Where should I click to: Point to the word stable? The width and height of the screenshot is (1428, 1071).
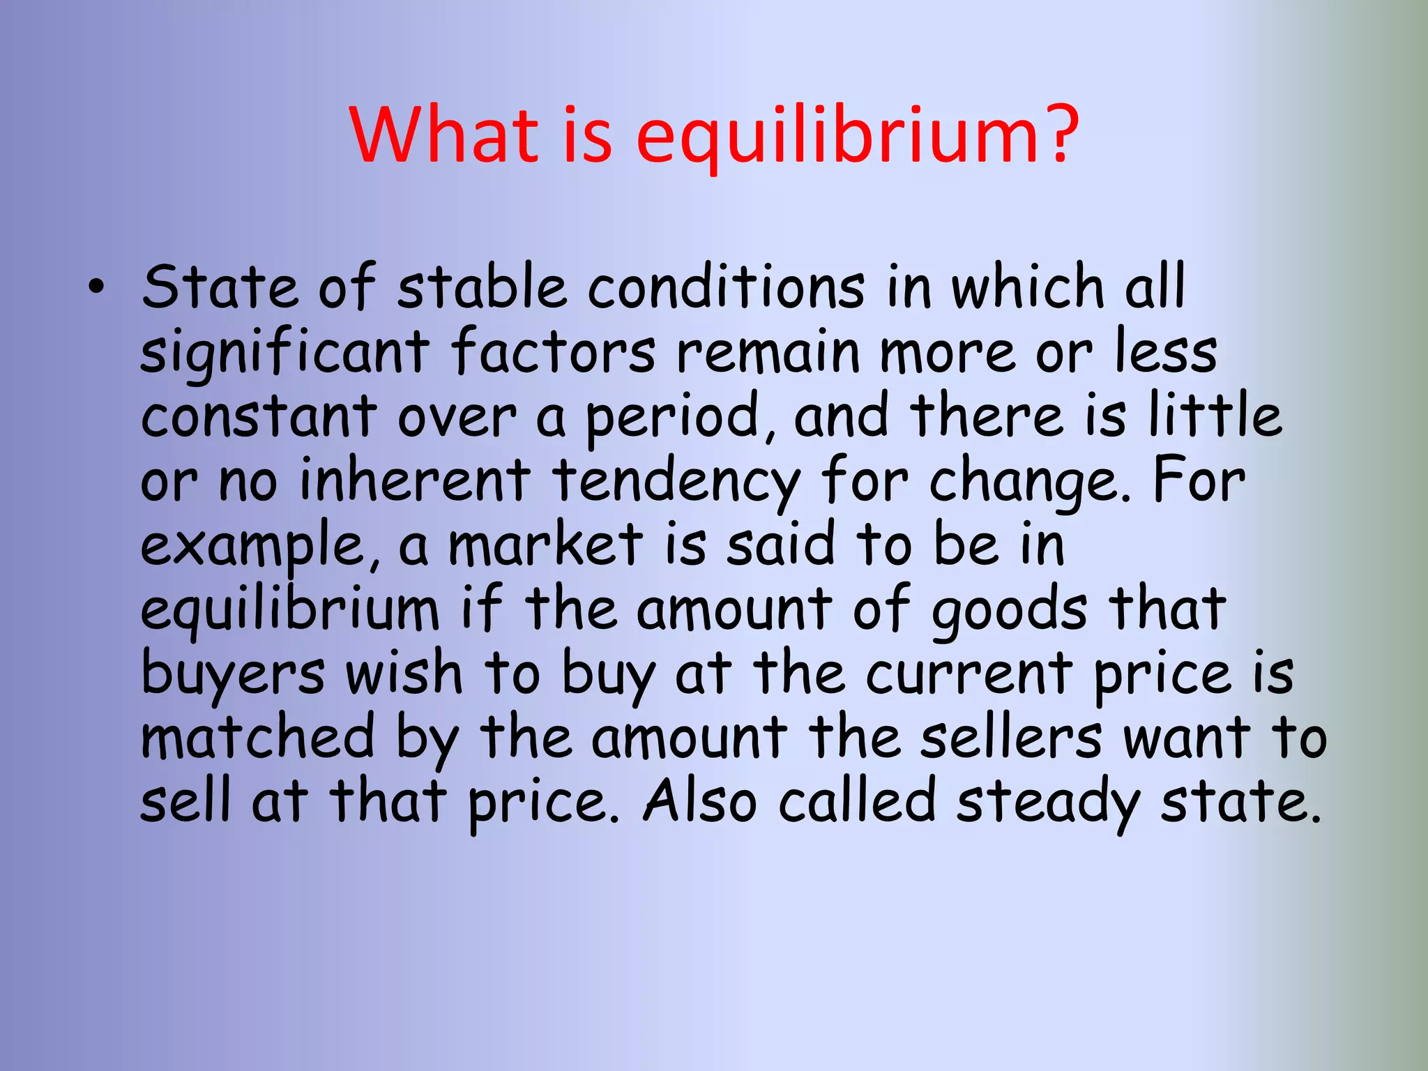click(481, 287)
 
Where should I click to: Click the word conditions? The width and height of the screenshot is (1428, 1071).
click(726, 287)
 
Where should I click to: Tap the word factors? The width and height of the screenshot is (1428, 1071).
click(553, 351)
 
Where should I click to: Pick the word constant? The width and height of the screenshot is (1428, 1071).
click(259, 416)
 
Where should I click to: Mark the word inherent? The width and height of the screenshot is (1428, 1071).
click(414, 480)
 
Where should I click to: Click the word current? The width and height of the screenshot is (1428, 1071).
click(969, 674)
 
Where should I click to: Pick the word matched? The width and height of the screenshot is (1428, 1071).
click(258, 737)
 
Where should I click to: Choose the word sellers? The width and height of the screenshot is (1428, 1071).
click(1011, 737)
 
